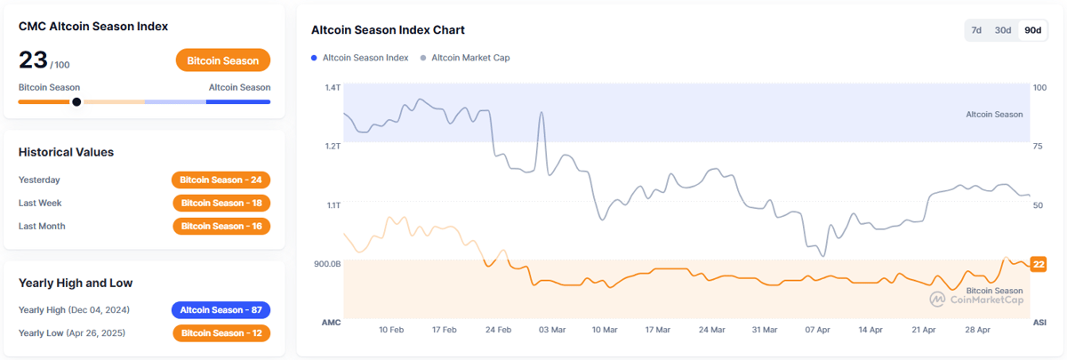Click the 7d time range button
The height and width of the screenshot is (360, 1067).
coord(976,30)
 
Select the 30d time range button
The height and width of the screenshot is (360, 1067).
coord(1003,30)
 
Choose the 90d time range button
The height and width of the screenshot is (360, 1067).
coord(1032,30)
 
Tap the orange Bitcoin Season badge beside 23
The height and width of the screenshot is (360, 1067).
coord(223,60)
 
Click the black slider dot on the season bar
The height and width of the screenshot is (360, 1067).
coord(76,101)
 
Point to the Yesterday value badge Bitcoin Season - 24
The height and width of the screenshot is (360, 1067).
coord(221,180)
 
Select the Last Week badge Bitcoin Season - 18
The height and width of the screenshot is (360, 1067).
coord(221,203)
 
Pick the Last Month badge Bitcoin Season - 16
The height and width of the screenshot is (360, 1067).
coord(221,226)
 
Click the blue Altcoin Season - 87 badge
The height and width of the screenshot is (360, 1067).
coord(221,310)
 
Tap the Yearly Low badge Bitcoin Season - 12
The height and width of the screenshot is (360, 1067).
coord(221,333)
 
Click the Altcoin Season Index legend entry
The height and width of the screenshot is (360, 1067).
coord(360,58)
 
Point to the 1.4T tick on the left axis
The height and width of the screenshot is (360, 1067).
coord(333,87)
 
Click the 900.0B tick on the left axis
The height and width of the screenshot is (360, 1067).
coord(327,264)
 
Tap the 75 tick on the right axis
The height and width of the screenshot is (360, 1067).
coord(1038,146)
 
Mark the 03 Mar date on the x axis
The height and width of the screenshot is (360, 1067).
coord(551,330)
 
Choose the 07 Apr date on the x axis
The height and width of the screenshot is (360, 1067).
coord(818,330)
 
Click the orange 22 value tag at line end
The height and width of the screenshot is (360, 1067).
coord(1038,264)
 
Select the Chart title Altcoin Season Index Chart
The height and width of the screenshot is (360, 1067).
coord(388,30)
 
